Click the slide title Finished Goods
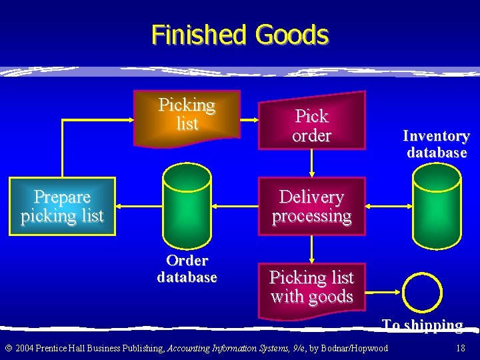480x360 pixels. pos(239,35)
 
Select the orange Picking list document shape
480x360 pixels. pos(187,117)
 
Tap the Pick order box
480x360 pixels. pos(311,124)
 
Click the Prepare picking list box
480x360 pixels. pos(62,207)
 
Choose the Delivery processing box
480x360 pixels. pos(311,207)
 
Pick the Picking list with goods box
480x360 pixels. pos(311,287)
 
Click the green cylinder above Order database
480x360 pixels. pos(187,207)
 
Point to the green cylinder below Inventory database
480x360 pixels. pos(436,207)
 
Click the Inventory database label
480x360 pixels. pos(436,145)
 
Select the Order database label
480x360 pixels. pos(187,269)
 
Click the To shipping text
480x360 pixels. pos(422,325)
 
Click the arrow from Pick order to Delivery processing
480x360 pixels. pos(311,163)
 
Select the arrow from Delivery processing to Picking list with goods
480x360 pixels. pos(311,249)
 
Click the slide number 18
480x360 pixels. pos(460,348)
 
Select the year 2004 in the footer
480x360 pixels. pos(23,348)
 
